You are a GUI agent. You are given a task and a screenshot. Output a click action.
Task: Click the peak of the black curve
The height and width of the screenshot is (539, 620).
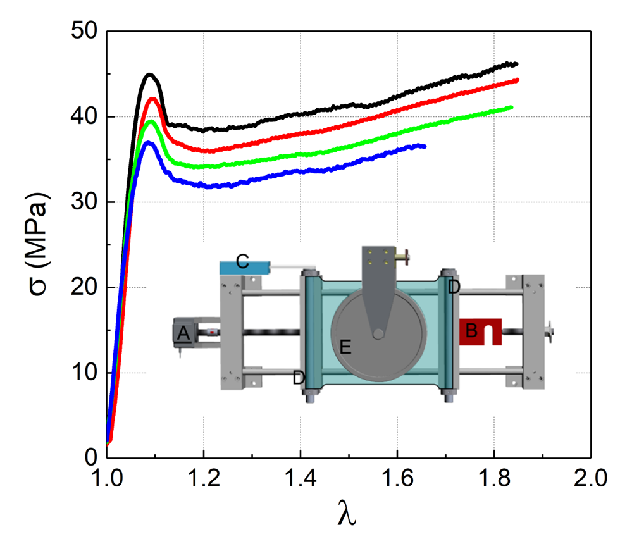(x=149, y=75)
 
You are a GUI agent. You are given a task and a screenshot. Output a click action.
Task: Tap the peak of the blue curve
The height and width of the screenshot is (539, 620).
(x=148, y=142)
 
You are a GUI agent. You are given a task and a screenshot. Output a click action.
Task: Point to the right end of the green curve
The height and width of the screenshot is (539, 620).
(x=512, y=107)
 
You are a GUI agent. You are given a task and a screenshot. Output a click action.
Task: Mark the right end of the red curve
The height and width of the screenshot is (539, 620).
(x=517, y=80)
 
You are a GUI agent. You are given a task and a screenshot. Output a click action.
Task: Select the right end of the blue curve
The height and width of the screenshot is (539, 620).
(x=425, y=146)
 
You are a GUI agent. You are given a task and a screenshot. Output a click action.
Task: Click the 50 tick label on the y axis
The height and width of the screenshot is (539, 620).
(x=84, y=30)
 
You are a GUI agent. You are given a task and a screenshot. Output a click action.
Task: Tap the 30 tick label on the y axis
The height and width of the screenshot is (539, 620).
(x=84, y=202)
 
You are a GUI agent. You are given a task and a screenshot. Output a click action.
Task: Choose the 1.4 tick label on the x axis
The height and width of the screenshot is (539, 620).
(x=301, y=478)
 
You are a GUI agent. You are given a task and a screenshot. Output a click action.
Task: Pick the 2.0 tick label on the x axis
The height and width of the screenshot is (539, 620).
(x=591, y=478)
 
